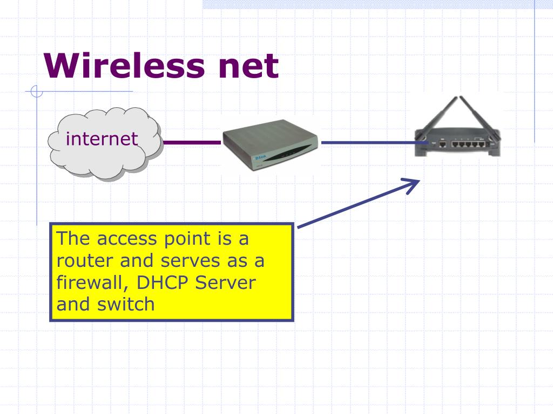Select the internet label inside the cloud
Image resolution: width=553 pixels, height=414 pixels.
tap(102, 139)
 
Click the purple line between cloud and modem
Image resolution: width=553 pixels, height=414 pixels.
tap(192, 143)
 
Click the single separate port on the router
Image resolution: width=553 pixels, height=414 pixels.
tap(442, 144)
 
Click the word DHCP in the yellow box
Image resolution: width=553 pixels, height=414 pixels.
tap(163, 282)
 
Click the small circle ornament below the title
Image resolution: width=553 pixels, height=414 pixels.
tap(37, 92)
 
